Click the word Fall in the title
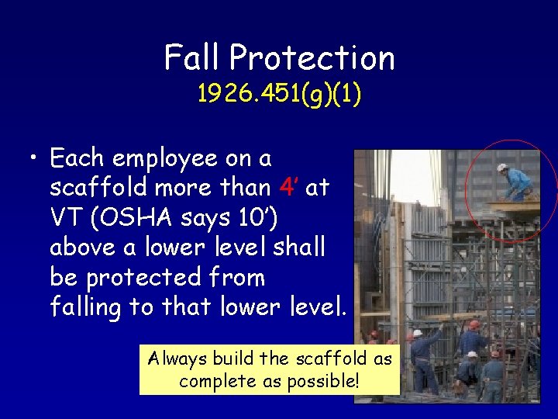point(191,57)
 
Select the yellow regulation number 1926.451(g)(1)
point(279,94)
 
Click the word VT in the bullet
point(66,218)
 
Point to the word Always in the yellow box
point(177,359)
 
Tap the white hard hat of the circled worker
point(502,168)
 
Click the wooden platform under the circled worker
point(511,206)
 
